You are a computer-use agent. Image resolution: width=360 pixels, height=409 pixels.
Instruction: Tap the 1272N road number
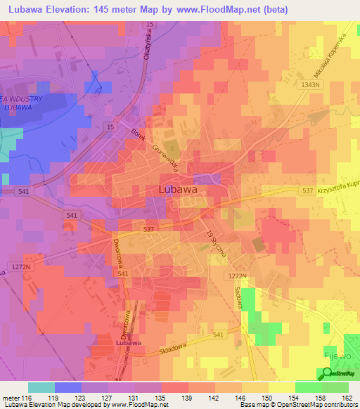tap(22, 267)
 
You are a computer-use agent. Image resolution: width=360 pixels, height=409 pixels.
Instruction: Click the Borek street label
tap(139, 132)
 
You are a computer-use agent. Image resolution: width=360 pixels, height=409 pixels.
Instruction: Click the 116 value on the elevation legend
tap(27, 398)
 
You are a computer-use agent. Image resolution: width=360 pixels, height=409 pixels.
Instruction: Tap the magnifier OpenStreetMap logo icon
tap(326, 375)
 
